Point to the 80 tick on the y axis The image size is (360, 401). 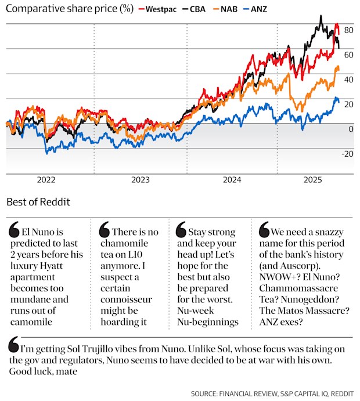[348, 30]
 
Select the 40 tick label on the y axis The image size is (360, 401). [348, 79]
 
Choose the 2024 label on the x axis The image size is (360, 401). [233, 180]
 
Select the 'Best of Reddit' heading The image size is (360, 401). [38, 202]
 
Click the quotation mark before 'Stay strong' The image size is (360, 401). [179, 231]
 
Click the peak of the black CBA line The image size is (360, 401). [321, 16]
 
